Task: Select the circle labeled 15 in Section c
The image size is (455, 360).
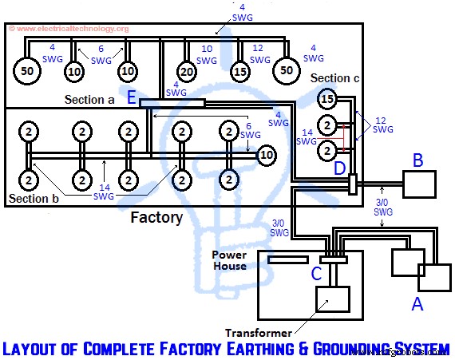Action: pyautogui.click(x=326, y=100)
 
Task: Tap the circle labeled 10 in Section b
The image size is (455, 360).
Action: pyautogui.click(x=267, y=154)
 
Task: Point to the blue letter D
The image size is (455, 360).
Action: pyautogui.click(x=339, y=169)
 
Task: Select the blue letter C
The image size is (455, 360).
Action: pyautogui.click(x=317, y=274)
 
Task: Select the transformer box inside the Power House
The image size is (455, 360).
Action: pyautogui.click(x=332, y=299)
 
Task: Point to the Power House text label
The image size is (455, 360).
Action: pyautogui.click(x=229, y=261)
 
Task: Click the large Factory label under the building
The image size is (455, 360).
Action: pyautogui.click(x=157, y=217)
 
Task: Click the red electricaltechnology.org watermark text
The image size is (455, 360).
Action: pyautogui.click(x=69, y=30)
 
